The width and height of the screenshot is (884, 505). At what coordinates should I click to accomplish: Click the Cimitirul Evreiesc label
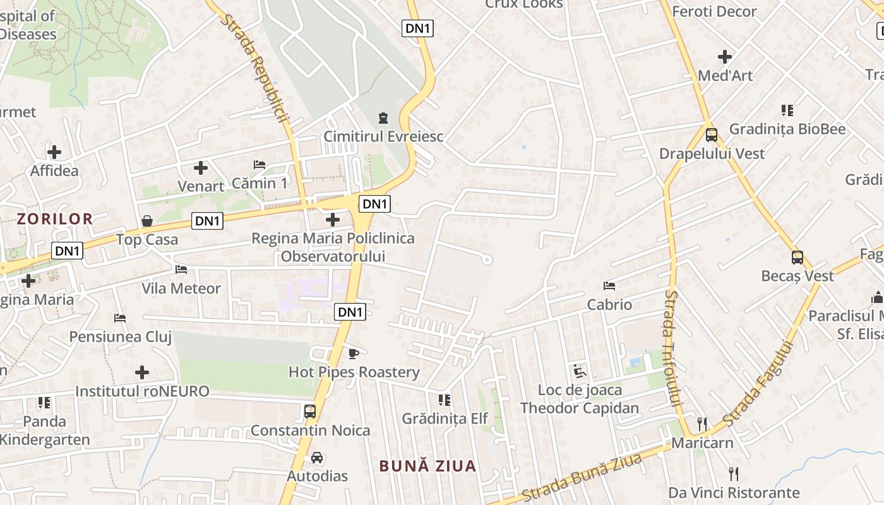click(x=383, y=136)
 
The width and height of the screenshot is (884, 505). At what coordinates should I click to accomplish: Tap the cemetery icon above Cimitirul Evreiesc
click(x=383, y=118)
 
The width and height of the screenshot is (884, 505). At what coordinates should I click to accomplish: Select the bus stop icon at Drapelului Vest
click(x=712, y=134)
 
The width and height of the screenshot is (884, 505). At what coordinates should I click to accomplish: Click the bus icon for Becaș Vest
click(x=797, y=257)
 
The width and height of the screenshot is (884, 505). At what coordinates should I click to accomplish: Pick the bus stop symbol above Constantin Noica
click(x=310, y=412)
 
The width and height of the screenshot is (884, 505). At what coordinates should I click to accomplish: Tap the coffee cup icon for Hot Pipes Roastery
click(x=354, y=353)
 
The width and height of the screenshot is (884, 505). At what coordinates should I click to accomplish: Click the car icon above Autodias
click(x=317, y=458)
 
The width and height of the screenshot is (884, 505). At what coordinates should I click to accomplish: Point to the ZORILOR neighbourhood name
click(x=55, y=219)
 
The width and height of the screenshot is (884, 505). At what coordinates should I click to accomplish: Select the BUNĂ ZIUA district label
click(x=427, y=466)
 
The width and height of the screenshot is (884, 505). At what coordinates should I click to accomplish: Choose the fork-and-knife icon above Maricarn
click(x=702, y=424)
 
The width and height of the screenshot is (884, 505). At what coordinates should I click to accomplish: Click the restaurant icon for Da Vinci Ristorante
click(x=734, y=473)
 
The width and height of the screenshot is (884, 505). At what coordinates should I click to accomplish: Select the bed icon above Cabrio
click(x=609, y=286)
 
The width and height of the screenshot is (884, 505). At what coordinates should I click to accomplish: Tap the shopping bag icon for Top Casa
click(x=147, y=221)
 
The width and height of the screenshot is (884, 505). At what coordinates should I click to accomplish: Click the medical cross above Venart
click(x=201, y=168)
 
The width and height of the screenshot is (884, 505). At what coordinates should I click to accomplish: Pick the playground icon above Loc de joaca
click(x=580, y=371)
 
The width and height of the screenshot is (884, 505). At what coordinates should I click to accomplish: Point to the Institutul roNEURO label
click(x=142, y=391)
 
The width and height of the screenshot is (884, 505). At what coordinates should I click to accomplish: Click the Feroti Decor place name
click(x=714, y=11)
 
